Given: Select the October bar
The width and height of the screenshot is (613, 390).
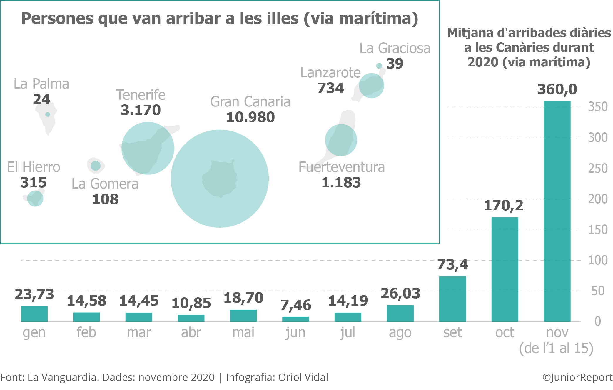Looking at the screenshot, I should pos(505,269).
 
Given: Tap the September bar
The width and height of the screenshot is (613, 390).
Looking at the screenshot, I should pos(452,299).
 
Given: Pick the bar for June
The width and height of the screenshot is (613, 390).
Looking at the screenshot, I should pos(295,319).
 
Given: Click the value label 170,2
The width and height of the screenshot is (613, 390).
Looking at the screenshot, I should pos(503,205).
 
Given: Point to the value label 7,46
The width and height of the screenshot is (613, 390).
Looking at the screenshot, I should pos(295,305).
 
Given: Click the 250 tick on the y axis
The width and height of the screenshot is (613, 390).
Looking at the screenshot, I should pos(597,168).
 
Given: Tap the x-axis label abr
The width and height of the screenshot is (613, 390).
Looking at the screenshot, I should pos(191,333).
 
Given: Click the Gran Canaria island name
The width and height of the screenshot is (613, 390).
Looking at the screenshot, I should pos(250,102).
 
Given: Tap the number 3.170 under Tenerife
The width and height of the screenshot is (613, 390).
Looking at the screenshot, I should pos(141,110).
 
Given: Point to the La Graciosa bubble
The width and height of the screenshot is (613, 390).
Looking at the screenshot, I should pos(379,66).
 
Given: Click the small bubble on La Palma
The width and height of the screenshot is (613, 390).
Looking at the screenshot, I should pos(48,114).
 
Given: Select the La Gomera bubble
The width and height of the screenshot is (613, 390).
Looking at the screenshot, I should pos(96,166).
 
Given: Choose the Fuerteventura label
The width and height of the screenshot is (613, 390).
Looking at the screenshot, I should pos(341,167).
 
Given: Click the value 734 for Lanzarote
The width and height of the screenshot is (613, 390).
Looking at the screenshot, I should pos(330,88).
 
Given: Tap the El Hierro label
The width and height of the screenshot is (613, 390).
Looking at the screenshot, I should pos(34,167).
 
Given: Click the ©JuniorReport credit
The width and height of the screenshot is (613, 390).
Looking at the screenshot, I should pos(577,377).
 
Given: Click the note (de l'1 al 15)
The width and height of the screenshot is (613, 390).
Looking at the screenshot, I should pos(556,348).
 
